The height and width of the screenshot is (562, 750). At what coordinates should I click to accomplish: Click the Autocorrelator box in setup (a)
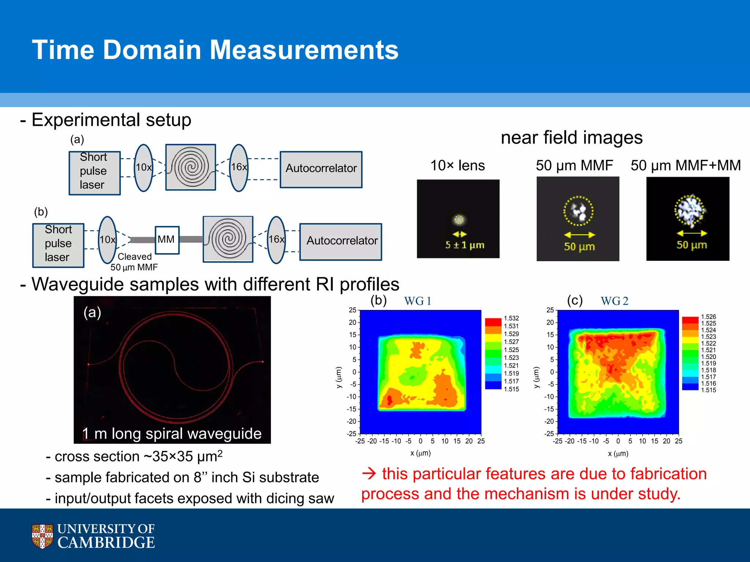click(321, 169)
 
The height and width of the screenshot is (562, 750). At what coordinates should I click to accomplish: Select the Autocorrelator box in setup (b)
click(341, 241)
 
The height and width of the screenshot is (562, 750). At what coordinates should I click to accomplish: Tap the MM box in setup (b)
click(167, 240)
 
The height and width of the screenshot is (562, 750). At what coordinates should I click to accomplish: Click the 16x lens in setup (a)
click(239, 168)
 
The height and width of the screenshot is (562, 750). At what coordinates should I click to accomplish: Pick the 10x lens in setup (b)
click(107, 240)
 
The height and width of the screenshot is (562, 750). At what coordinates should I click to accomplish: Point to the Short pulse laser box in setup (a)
click(94, 172)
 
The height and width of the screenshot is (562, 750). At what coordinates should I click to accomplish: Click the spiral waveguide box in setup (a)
click(190, 167)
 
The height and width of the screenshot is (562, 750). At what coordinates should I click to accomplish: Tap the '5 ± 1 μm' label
click(464, 245)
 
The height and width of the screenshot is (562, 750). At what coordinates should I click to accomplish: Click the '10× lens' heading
click(457, 165)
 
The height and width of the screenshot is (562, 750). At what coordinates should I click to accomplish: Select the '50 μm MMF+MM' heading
click(686, 165)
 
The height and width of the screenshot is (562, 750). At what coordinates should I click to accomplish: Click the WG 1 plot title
click(417, 301)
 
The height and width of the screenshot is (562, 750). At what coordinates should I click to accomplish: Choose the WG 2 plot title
click(614, 301)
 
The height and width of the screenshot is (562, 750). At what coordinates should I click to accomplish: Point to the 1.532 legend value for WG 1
click(511, 318)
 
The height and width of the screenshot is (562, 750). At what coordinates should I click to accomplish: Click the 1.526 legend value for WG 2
click(708, 317)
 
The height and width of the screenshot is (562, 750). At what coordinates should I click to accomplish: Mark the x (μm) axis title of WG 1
click(420, 453)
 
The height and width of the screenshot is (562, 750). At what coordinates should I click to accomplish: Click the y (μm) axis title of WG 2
click(536, 377)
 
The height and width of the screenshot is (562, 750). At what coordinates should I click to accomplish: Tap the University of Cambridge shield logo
click(42, 536)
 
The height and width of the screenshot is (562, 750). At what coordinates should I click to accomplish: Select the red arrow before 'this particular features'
click(369, 474)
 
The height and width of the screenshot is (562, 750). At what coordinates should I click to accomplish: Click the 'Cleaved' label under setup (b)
click(134, 256)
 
